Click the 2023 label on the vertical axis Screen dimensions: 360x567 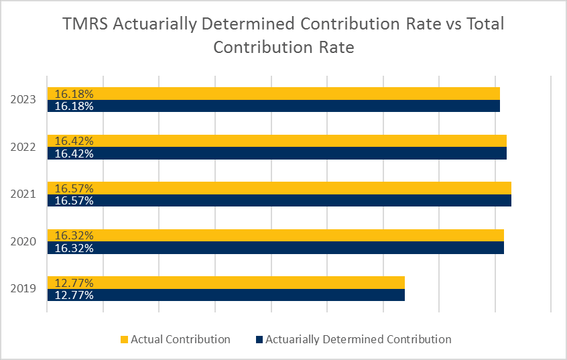23,100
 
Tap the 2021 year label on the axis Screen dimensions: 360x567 23,194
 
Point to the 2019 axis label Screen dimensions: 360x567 23,289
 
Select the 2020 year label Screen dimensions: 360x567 23,241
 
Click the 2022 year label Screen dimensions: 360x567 23,147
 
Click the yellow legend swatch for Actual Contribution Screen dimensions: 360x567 124,339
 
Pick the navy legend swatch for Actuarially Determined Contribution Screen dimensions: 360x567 259,339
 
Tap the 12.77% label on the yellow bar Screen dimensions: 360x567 74,282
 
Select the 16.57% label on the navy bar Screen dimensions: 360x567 74,200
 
